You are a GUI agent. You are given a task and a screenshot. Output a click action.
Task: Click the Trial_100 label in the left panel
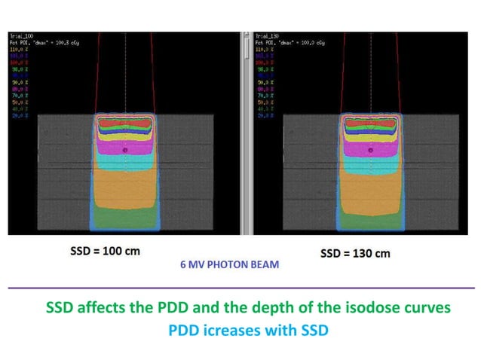(20, 35)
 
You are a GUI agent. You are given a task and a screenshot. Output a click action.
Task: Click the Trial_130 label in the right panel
(267, 35)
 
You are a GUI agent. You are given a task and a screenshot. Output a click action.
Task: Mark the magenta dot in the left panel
(125, 151)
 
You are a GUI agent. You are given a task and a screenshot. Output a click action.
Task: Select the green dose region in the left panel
(124, 219)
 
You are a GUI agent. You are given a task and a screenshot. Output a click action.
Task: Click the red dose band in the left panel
(124, 121)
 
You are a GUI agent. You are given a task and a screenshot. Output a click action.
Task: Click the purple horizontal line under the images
(240, 288)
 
